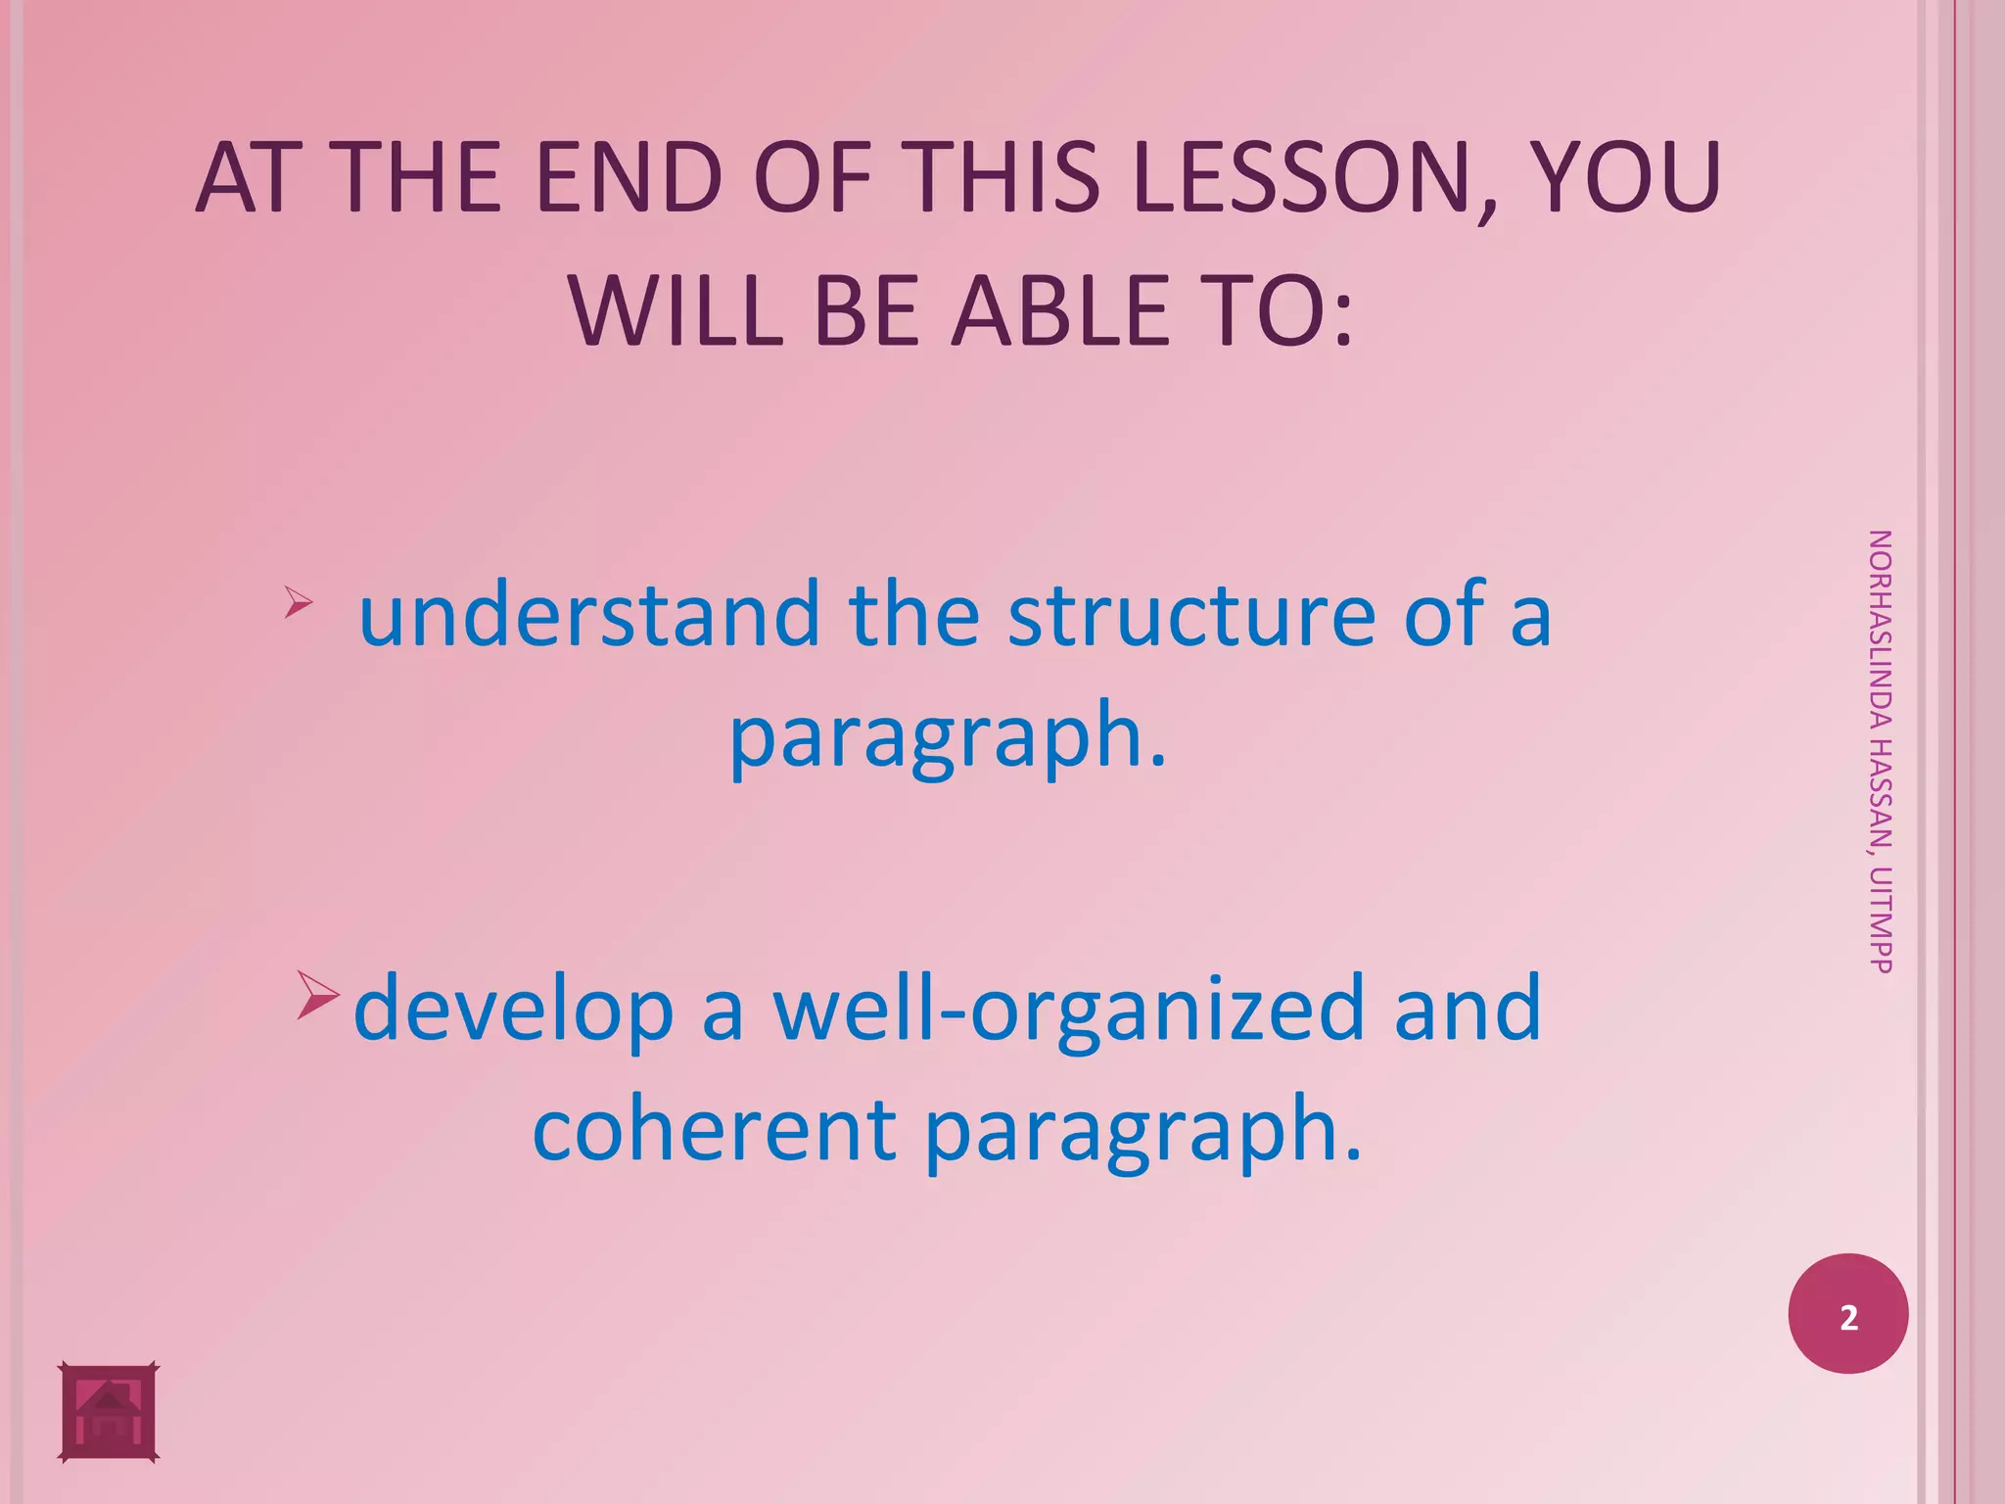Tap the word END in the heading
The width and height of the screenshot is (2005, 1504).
coord(629,178)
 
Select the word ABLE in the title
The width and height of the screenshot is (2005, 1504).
coord(1062,311)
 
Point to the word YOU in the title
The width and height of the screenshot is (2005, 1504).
coord(1625,178)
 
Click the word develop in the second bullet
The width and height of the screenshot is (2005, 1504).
coord(513,1009)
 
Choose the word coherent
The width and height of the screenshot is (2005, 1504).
coord(715,1130)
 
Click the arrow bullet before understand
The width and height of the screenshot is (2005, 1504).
coord(298,601)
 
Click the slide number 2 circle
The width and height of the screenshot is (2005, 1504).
coord(1847,1314)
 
